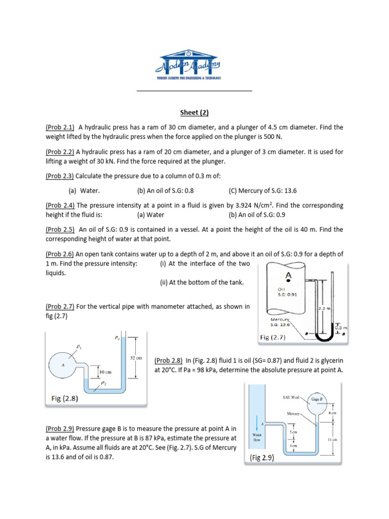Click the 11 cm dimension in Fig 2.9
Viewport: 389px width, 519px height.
332,440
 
